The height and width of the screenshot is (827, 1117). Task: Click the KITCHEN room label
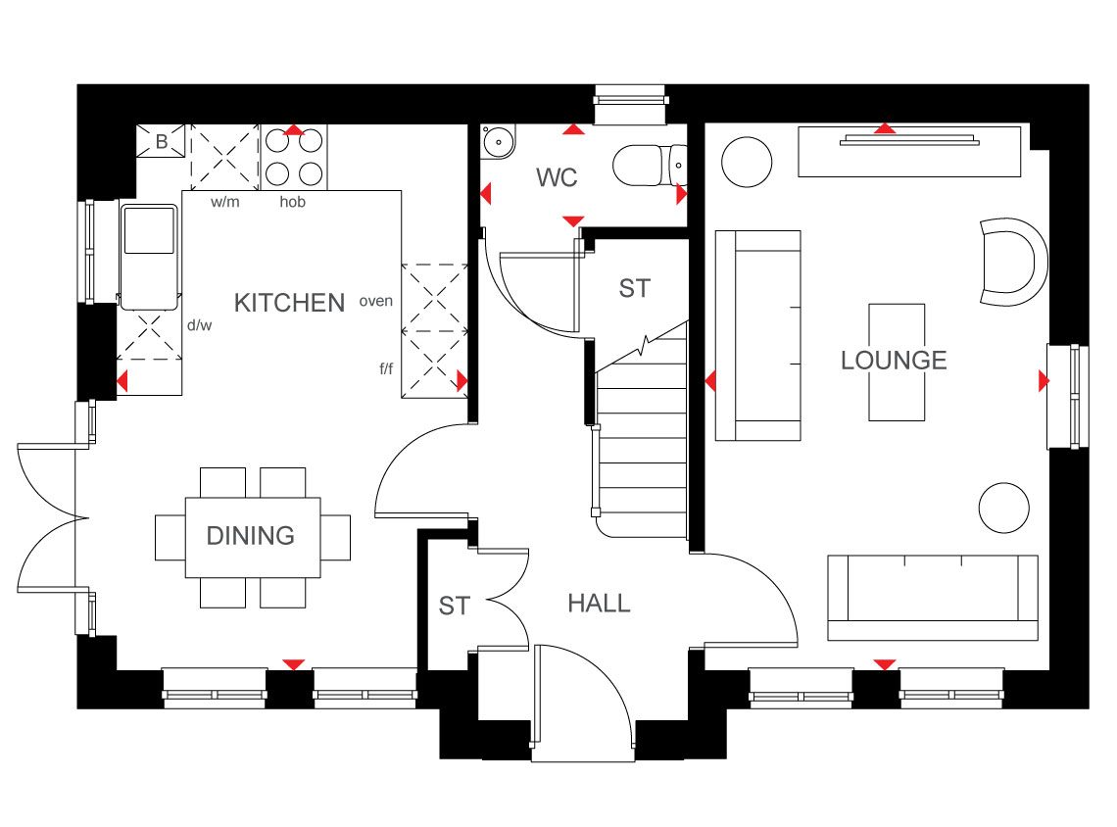tap(289, 303)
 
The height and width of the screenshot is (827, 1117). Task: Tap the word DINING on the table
tap(250, 536)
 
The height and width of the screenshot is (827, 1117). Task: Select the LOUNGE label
tap(894, 361)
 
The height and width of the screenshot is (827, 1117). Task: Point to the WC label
tap(557, 177)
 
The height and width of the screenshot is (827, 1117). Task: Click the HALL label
tap(599, 604)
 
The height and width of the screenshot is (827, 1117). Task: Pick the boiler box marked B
tap(161, 141)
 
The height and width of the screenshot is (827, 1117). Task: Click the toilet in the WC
tap(649, 166)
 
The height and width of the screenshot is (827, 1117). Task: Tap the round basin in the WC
tap(497, 142)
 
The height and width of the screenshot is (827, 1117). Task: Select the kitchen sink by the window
tap(149, 257)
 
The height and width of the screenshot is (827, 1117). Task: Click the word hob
tap(292, 202)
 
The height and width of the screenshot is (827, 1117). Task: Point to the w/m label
tap(225, 202)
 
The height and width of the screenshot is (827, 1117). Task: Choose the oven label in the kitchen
tap(376, 302)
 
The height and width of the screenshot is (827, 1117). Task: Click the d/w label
tap(200, 325)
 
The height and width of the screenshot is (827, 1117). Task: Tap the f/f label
tap(386, 369)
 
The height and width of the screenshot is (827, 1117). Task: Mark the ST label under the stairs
tap(634, 288)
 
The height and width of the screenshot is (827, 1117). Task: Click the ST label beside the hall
tap(454, 607)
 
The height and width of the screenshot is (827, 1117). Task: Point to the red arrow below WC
tap(573, 221)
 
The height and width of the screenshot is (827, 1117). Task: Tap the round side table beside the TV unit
tap(747, 163)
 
